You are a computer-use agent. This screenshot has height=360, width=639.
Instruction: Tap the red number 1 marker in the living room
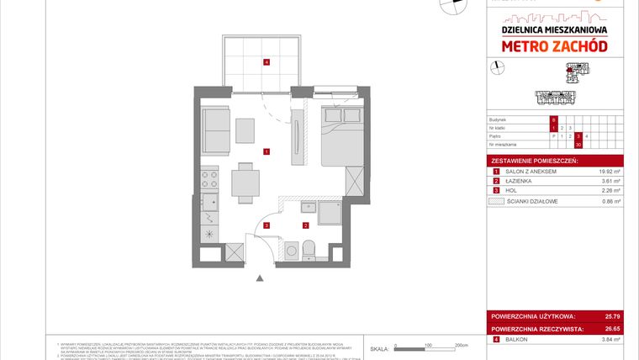(266, 152)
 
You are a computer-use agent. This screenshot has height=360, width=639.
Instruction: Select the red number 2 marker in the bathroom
(306, 225)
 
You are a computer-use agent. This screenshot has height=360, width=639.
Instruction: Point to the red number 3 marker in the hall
(267, 225)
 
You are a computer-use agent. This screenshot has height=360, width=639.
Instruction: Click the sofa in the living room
(218, 131)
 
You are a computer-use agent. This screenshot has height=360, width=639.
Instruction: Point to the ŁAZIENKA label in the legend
(517, 182)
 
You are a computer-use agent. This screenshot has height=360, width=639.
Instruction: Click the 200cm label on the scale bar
(460, 345)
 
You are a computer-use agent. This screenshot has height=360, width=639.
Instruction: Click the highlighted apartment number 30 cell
(554, 144)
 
